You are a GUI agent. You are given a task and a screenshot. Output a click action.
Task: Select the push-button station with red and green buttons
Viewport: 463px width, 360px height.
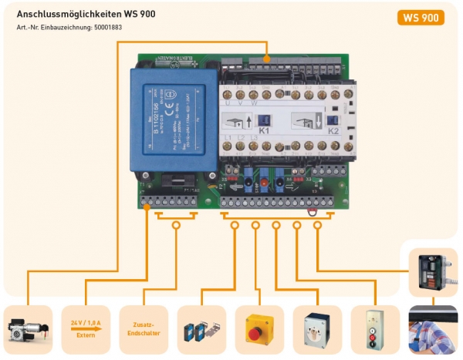pyautogui.click(x=374, y=329)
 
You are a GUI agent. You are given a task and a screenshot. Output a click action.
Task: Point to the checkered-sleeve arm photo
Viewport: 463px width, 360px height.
pyautogui.click(x=432, y=329)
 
